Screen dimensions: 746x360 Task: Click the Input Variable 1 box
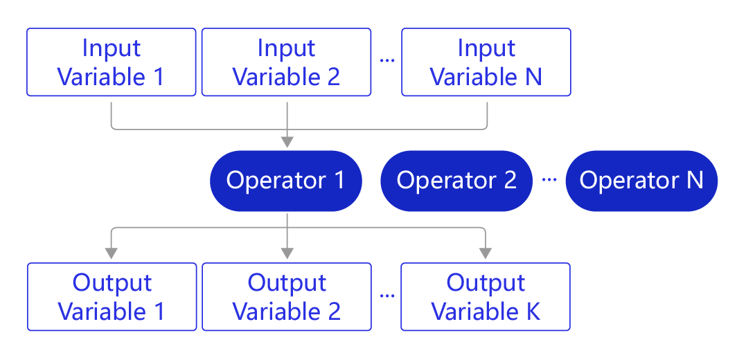[x=112, y=62]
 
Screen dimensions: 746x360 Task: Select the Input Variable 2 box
[x=286, y=62]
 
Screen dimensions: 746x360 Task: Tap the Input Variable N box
[x=486, y=62]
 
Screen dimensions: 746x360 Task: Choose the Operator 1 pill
[x=286, y=181]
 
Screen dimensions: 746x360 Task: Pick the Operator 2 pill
[x=456, y=181]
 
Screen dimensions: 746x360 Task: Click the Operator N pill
[x=641, y=181]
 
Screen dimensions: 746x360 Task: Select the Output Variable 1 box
[x=112, y=297]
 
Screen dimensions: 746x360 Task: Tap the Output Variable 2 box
[x=286, y=297]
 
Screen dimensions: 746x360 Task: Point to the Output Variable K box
[x=486, y=297]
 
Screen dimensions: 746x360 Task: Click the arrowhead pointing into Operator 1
[x=287, y=142]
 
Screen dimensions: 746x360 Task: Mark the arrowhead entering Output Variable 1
[x=112, y=253]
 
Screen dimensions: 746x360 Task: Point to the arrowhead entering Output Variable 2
[x=287, y=253]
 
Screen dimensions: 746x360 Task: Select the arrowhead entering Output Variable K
[x=486, y=253]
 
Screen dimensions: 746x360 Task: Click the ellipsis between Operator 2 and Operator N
[x=549, y=180]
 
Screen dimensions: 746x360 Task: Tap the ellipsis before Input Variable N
[x=387, y=60]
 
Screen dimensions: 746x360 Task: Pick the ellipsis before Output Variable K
[x=387, y=296]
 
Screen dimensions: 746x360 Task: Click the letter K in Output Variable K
[x=532, y=312]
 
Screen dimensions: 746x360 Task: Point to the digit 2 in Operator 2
[x=510, y=180]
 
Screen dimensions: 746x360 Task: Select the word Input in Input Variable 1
[x=112, y=48]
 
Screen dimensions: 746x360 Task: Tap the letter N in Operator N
[x=695, y=180]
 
